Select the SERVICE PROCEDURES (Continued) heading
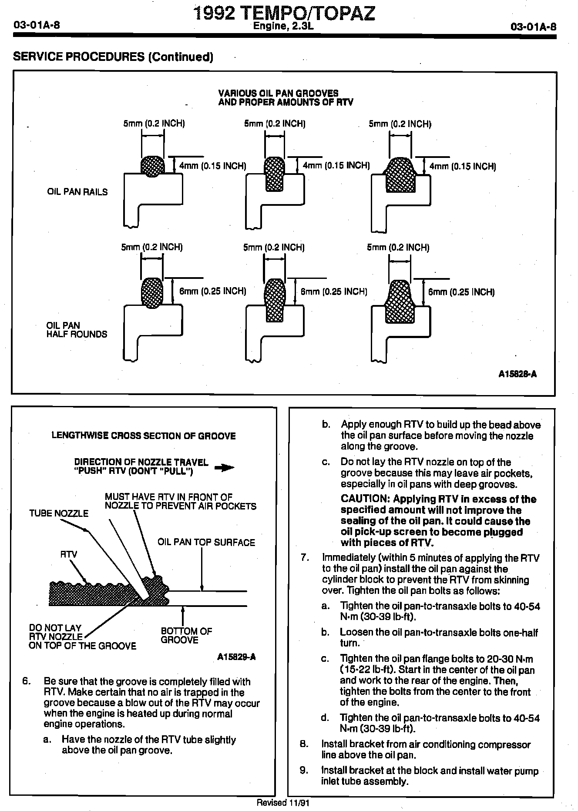point(113,57)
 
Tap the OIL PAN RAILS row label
point(77,192)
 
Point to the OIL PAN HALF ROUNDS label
point(77,330)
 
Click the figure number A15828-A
point(518,374)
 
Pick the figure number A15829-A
point(236,657)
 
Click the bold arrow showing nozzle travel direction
point(225,468)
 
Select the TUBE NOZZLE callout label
point(59,513)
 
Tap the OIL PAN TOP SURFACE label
point(206,542)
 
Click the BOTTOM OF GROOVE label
point(186,635)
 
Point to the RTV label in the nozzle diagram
point(68,554)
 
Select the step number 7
point(305,558)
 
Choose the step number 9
point(305,771)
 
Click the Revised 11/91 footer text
point(283,803)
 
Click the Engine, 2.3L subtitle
point(283,27)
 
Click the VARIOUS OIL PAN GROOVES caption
point(279,93)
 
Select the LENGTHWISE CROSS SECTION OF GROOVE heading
point(144,436)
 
